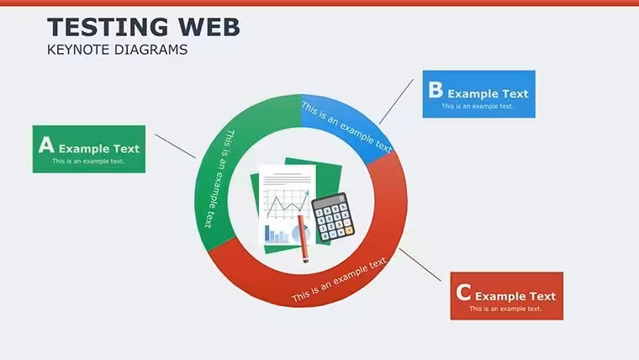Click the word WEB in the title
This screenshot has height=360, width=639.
(x=209, y=27)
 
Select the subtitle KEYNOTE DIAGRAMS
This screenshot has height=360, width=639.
(x=118, y=50)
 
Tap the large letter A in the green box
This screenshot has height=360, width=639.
(x=46, y=145)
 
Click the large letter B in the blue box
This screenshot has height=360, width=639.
(x=436, y=90)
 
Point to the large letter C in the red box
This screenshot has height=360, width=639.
(x=463, y=293)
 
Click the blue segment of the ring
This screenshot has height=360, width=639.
(x=346, y=122)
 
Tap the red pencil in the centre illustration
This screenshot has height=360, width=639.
(x=303, y=239)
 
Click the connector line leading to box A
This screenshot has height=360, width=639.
(x=175, y=146)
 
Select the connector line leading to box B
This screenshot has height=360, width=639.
(x=396, y=102)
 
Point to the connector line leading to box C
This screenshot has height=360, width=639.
(x=420, y=265)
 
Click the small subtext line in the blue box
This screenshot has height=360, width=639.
(x=477, y=107)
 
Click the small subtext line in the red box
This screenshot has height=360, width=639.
(x=505, y=309)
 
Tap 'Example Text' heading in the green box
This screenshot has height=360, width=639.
(x=99, y=149)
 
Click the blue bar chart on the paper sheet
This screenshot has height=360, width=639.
(x=277, y=234)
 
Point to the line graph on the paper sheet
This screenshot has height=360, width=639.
(x=288, y=203)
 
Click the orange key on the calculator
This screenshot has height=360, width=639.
(x=349, y=230)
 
